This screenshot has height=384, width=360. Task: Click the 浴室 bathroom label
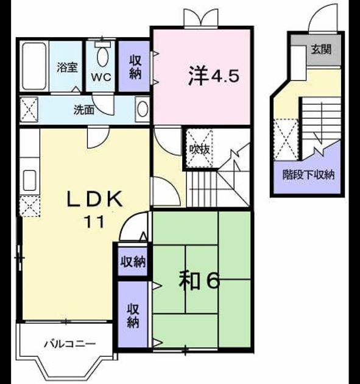click(67, 68)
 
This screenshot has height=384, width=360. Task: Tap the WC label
click(101, 77)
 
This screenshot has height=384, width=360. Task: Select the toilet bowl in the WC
click(102, 57)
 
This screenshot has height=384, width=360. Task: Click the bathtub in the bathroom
click(34, 66)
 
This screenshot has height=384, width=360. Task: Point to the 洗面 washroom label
click(84, 110)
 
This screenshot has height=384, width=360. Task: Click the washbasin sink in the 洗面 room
click(143, 108)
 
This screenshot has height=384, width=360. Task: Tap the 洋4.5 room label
click(213, 76)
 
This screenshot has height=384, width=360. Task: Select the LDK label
click(94, 199)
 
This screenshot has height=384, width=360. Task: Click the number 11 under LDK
click(94, 222)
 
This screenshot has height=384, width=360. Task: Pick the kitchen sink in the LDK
click(30, 180)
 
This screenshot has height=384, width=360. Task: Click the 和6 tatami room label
click(199, 280)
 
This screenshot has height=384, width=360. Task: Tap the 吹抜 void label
click(200, 149)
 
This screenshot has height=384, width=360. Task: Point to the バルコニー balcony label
click(70, 344)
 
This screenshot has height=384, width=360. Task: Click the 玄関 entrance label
click(322, 49)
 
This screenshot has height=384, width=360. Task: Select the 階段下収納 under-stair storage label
click(308, 174)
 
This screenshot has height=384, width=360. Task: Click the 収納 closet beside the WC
click(135, 66)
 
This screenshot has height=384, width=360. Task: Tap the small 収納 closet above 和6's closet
click(133, 261)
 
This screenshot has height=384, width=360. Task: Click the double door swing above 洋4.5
click(200, 17)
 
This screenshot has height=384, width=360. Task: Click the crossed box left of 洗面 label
click(29, 109)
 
